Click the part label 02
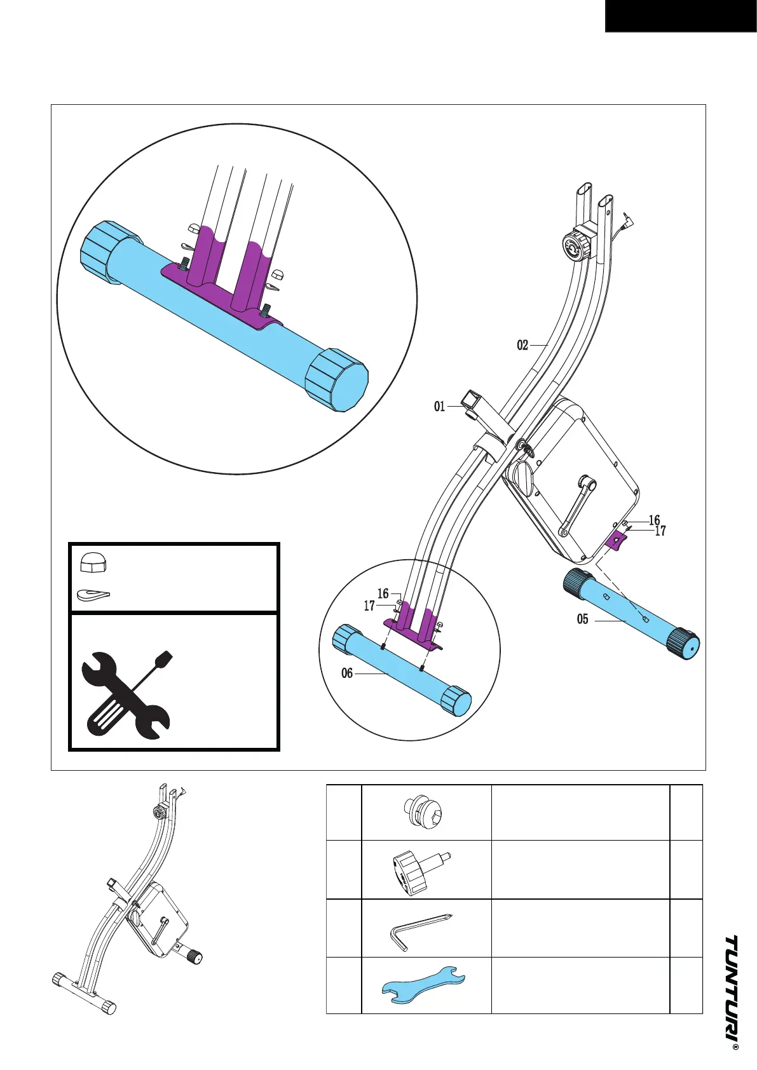click(x=522, y=345)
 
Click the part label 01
click(x=439, y=406)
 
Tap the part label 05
click(x=582, y=619)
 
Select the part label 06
click(x=346, y=673)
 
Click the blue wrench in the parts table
click(x=423, y=985)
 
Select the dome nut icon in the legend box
click(x=93, y=562)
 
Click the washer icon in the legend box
click(x=93, y=595)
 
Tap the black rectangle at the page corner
click(x=680, y=16)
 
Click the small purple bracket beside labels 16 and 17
click(x=615, y=541)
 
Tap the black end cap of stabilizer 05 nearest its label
click(x=576, y=583)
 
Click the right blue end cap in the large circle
click(x=337, y=380)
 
